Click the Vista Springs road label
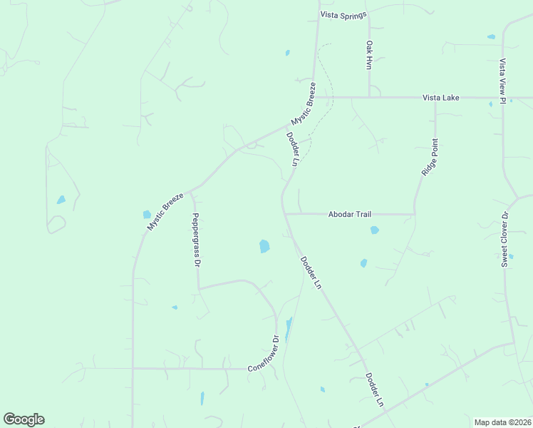(343, 14)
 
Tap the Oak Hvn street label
(369, 54)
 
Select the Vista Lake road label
(440, 98)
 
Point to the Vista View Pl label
(502, 81)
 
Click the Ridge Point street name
(430, 157)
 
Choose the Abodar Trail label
(349, 214)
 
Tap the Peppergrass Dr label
(196, 240)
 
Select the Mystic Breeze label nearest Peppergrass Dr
(165, 211)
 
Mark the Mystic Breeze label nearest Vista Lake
(303, 104)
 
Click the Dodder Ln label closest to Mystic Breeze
(291, 148)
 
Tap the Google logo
(24, 419)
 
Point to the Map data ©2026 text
(502, 422)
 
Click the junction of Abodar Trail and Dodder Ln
(284, 213)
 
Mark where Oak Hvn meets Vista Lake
(369, 97)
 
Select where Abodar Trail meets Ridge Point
(414, 213)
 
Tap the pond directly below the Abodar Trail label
(374, 230)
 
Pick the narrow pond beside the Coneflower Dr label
(289, 329)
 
